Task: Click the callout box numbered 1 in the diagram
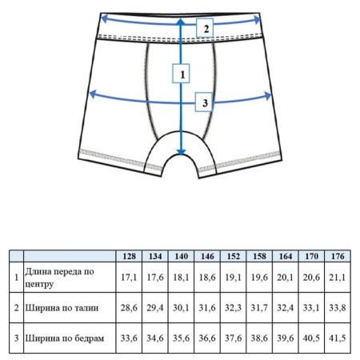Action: coord(181,74)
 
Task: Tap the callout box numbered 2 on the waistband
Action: coord(205,28)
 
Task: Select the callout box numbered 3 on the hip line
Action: coord(204,102)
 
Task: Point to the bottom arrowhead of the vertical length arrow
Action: coord(181,152)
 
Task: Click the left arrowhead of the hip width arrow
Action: coord(92,94)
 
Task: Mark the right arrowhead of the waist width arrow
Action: coord(257,20)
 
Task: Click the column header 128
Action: coord(129,256)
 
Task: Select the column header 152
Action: coord(234,256)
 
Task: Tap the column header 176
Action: coord(338,256)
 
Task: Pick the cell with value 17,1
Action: coord(129,278)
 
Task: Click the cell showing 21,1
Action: coord(338,278)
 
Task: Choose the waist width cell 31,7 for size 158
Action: coord(259,308)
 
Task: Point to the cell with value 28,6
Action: coord(129,308)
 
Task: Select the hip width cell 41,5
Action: coord(338,338)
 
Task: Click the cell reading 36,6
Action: coord(207,338)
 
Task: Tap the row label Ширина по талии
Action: coord(62,308)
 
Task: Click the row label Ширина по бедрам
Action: coord(65,338)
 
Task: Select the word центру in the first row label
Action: coord(39,284)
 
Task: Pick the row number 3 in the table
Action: coord(17,338)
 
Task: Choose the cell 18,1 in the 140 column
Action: coord(181,278)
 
